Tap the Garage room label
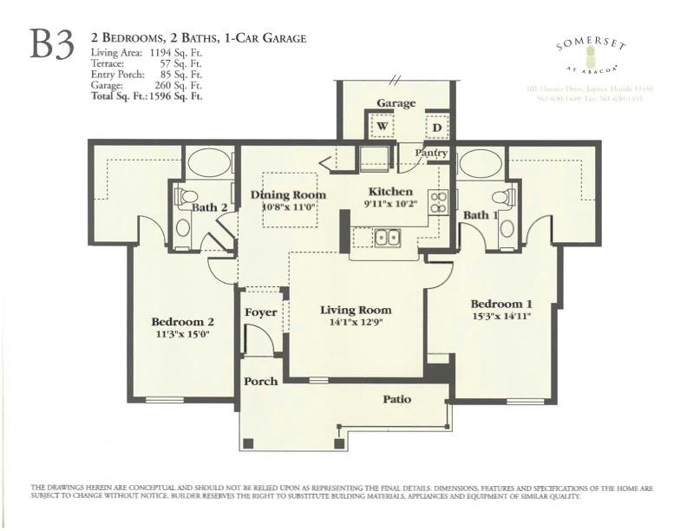coord(396,103)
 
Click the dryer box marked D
coord(437,127)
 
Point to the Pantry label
coord(431,154)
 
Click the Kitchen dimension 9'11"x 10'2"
coord(392,205)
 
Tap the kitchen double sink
coord(387,237)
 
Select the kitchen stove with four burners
coord(439,202)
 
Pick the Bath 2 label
coord(209,207)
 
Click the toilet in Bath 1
coord(504,198)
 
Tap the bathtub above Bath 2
coord(209,163)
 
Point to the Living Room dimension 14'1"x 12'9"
coord(355,323)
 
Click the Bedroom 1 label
coord(501,304)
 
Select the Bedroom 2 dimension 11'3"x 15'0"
coord(182,333)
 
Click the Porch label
coord(260,381)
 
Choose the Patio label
coord(396,399)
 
